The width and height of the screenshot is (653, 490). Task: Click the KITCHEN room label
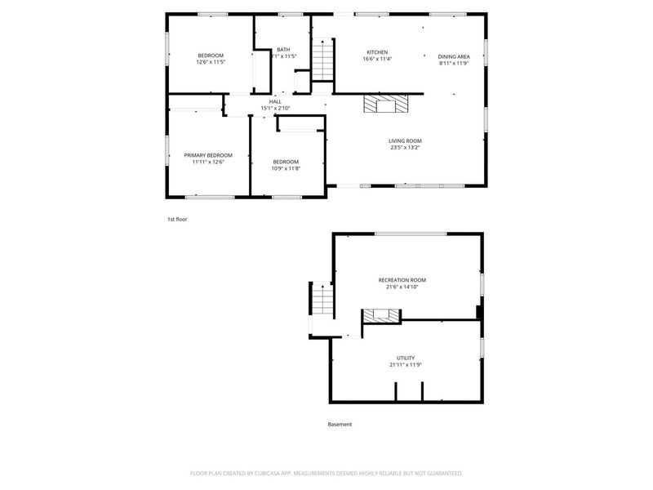coord(376,52)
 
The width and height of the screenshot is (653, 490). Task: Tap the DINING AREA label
coord(454,56)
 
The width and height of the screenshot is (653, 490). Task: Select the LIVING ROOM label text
coord(405,140)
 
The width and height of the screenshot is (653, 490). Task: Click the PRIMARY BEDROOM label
coord(208,155)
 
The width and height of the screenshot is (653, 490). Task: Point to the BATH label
coord(283,50)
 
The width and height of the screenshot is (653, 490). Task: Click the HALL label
coord(275,101)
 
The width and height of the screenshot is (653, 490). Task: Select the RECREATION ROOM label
coord(402,280)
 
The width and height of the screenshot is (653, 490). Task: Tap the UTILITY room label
coord(406,358)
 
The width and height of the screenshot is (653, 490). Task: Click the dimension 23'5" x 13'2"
coord(405,148)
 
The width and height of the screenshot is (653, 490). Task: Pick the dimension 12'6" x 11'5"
coord(211,62)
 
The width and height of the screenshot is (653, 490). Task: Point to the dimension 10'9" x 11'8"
coord(286,168)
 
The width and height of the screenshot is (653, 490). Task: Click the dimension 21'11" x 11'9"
coord(406,365)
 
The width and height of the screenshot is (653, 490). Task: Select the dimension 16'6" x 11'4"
coord(377,59)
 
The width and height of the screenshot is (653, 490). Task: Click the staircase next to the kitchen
coord(324,60)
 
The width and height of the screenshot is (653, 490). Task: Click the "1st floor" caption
coord(177,219)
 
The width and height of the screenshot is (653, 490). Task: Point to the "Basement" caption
coord(340,424)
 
